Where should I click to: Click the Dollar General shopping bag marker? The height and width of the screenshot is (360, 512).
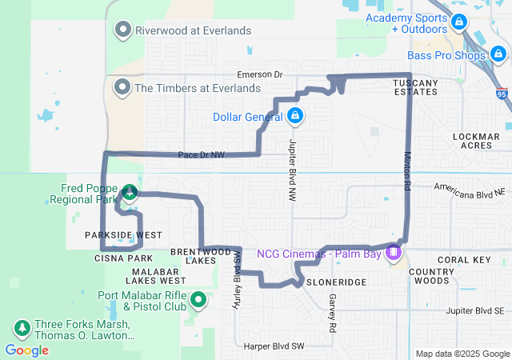pyautogui.click(x=295, y=117)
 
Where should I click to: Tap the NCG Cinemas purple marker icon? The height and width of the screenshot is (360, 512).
pyautogui.click(x=392, y=254)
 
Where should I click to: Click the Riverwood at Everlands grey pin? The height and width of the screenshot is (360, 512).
pyautogui.click(x=123, y=30)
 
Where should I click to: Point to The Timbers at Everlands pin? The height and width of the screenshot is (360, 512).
pyautogui.click(x=123, y=87)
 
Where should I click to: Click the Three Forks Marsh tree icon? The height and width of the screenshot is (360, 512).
pyautogui.click(x=21, y=329)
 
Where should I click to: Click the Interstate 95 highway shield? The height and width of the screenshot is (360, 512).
pyautogui.click(x=501, y=94)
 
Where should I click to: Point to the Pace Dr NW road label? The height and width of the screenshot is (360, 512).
pyautogui.click(x=201, y=154)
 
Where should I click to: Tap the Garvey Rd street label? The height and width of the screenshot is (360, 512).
pyautogui.click(x=330, y=313)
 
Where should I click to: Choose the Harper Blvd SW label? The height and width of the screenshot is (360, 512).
pyautogui.click(x=274, y=346)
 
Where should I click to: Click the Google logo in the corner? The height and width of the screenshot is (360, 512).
pyautogui.click(x=26, y=350)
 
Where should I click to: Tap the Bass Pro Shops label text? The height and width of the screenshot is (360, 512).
pyautogui.click(x=446, y=55)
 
